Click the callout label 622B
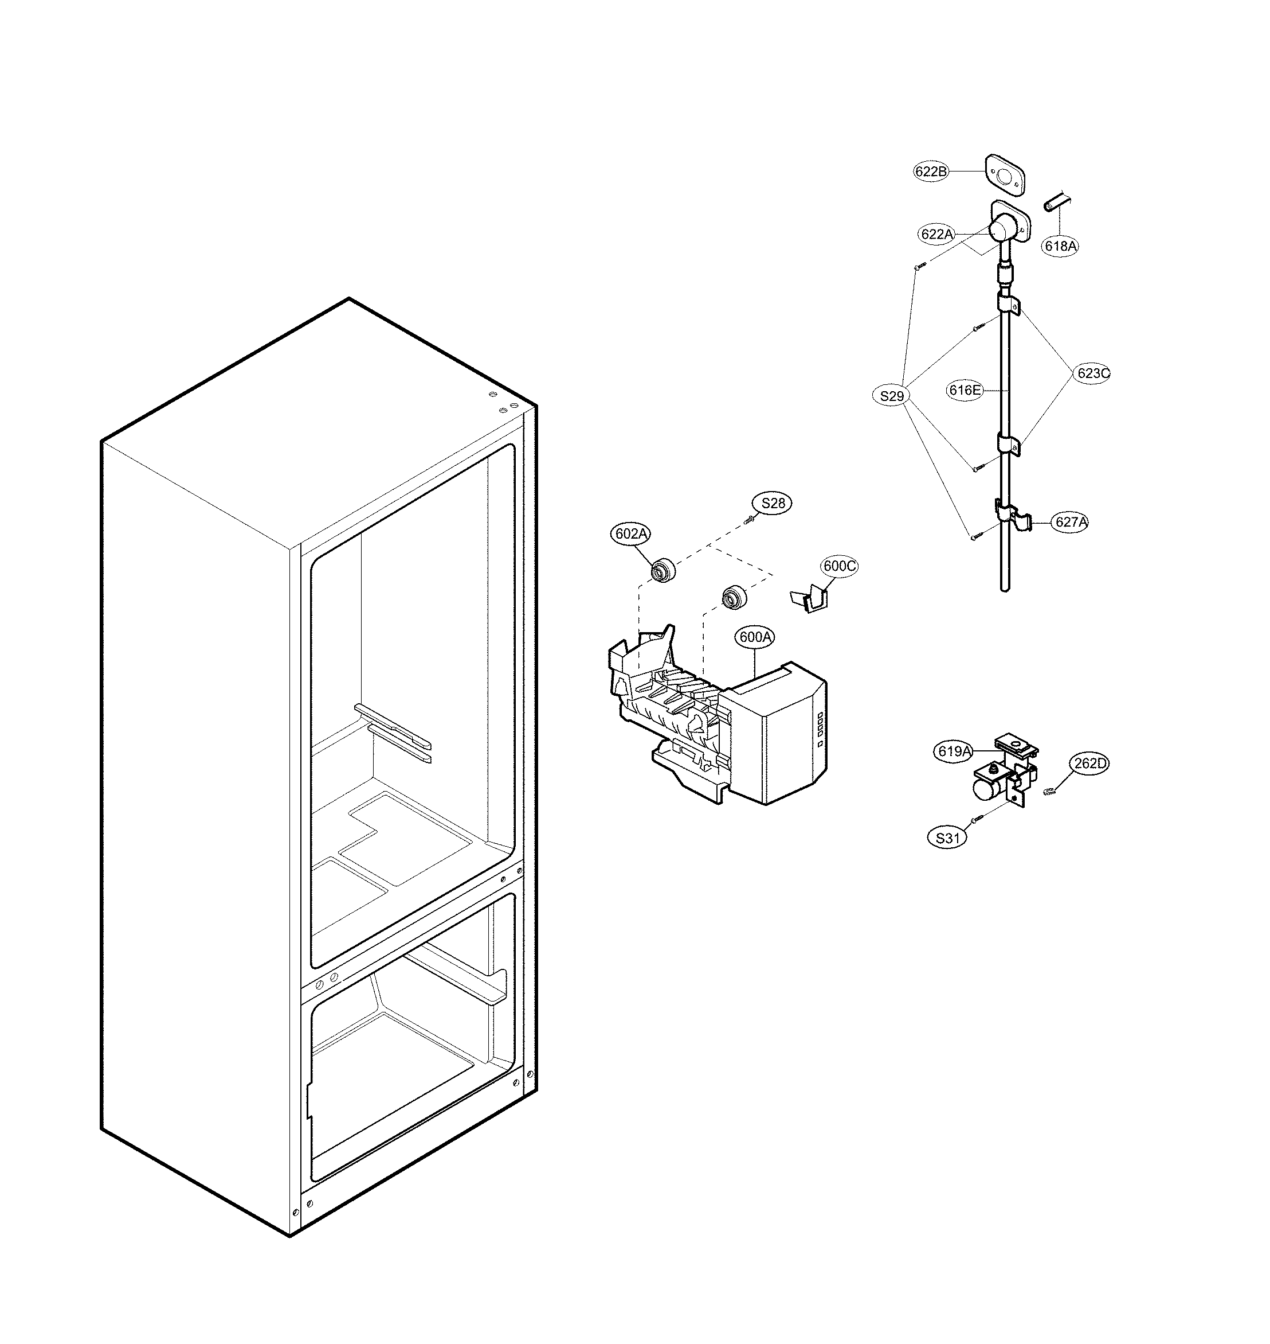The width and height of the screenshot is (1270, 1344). point(931,172)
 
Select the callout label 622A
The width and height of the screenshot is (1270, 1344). point(937,235)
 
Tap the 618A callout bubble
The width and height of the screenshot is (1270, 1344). point(1060,246)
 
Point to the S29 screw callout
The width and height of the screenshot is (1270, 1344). point(892,396)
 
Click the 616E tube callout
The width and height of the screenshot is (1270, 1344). point(965,389)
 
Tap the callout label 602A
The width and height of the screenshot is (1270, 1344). point(631,534)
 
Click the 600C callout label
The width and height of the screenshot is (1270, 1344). point(840,566)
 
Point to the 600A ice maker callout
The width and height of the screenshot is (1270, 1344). point(755,637)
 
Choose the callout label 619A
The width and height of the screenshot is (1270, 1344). point(955,751)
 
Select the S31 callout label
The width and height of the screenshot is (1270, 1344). point(948,838)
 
